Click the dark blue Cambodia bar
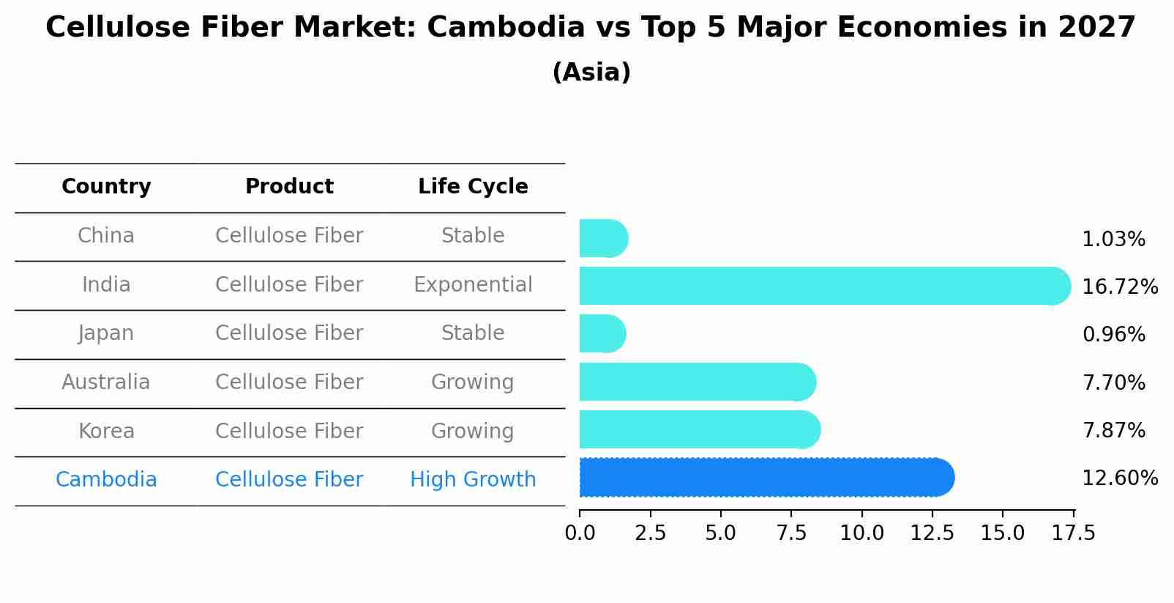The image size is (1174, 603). tap(765, 478)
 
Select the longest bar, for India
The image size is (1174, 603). tap(823, 286)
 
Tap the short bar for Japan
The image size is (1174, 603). tap(602, 334)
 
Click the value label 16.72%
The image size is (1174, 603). tap(1119, 287)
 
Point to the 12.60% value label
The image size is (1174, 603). tap(1119, 478)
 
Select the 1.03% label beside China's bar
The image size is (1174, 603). tap(1113, 240)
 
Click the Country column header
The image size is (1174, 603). tap(106, 187)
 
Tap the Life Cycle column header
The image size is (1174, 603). tap(473, 187)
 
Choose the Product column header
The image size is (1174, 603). tap(289, 187)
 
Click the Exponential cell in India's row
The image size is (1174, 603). tap(473, 285)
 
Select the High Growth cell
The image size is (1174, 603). tap(473, 480)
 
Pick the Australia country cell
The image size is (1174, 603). tap(106, 382)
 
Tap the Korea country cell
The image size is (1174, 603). tap(106, 432)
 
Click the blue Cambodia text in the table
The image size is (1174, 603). tap(106, 480)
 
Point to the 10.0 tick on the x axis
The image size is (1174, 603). tap(861, 533)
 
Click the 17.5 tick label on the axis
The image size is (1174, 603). tap(1074, 533)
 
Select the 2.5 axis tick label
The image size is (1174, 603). tap(650, 533)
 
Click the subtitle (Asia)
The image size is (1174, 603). tap(591, 73)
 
